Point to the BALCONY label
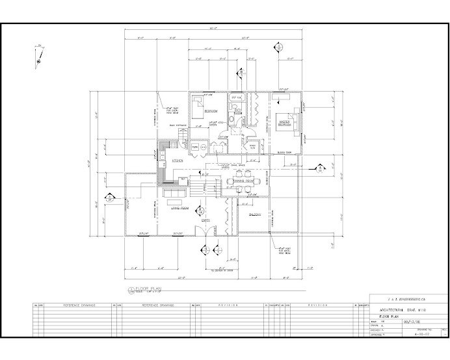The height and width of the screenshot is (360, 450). [x=255, y=214]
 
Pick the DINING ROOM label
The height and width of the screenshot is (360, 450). [x=245, y=180]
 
